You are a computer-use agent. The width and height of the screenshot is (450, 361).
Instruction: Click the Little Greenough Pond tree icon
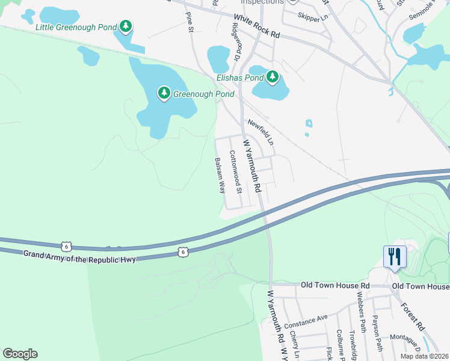126,26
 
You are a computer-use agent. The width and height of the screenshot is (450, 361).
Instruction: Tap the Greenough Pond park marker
164,93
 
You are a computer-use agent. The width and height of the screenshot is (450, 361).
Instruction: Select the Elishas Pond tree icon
273,77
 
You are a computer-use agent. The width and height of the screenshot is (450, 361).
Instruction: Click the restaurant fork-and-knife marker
395,257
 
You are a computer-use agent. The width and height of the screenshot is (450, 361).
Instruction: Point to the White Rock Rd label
257,26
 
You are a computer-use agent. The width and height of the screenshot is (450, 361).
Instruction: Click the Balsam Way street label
220,175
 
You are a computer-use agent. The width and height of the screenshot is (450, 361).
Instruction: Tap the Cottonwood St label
235,171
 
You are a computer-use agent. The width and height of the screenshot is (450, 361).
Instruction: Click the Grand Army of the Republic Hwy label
80,256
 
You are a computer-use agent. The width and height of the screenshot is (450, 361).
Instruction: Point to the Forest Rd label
413,315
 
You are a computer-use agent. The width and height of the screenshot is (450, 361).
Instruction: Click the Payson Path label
378,333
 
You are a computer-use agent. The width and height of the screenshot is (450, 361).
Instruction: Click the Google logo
20,354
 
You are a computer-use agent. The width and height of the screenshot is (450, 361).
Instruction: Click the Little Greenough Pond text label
75,27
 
